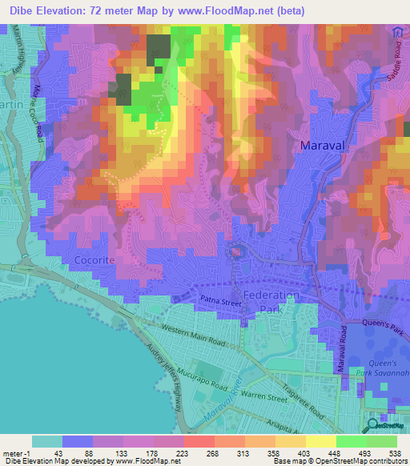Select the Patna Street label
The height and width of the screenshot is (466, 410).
pos(221,302)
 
